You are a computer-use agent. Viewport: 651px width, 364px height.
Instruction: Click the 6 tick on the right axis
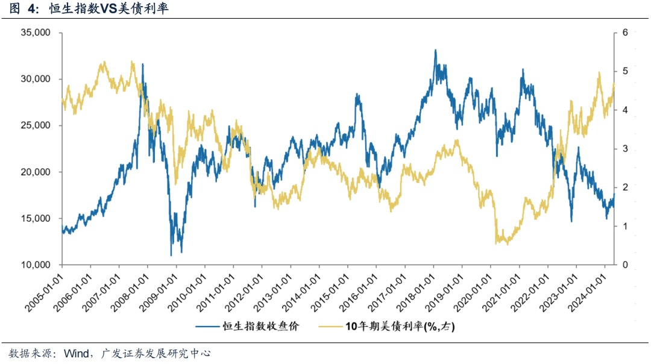625,33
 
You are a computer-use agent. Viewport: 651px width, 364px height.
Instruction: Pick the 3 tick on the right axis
625,149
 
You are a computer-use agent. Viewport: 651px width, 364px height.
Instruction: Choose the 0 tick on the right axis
625,265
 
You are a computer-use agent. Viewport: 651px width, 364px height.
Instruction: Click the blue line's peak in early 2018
435,50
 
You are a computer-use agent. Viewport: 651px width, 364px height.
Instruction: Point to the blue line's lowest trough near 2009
171,256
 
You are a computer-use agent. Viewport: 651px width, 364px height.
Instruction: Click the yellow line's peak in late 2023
599,73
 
